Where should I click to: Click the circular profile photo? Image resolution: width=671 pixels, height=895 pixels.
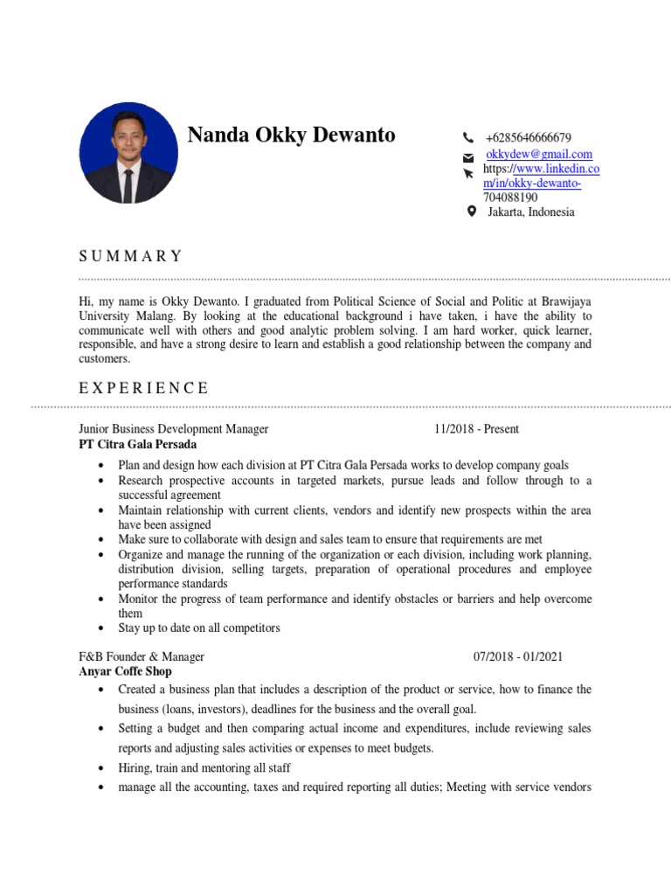[128, 152]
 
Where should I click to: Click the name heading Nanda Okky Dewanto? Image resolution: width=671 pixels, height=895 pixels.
[291, 135]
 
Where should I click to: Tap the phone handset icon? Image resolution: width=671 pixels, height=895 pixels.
[468, 138]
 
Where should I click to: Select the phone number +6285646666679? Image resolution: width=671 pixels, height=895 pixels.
[529, 138]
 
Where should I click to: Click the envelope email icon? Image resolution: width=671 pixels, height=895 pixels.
[468, 157]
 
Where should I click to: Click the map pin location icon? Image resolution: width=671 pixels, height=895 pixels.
[472, 212]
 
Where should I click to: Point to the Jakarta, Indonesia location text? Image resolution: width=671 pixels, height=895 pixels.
[531, 212]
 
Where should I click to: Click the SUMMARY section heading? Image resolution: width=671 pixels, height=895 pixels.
[131, 256]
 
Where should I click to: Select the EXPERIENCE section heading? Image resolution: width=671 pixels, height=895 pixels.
[144, 388]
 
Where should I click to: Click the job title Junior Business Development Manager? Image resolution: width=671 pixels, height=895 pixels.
[174, 429]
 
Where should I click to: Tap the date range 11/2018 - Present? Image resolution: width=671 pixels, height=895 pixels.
[476, 429]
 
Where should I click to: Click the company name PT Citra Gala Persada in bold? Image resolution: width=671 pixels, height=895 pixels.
[137, 444]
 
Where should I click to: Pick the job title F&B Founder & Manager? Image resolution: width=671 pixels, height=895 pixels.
[142, 656]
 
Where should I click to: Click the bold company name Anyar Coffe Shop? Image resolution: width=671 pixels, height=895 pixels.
[125, 671]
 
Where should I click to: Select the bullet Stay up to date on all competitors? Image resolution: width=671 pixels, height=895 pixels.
[199, 628]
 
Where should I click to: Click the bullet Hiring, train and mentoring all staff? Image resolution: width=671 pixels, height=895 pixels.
[204, 767]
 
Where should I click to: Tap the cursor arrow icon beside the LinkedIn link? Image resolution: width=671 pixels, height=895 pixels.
[469, 174]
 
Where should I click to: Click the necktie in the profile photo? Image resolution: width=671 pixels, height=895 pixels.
[128, 184]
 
